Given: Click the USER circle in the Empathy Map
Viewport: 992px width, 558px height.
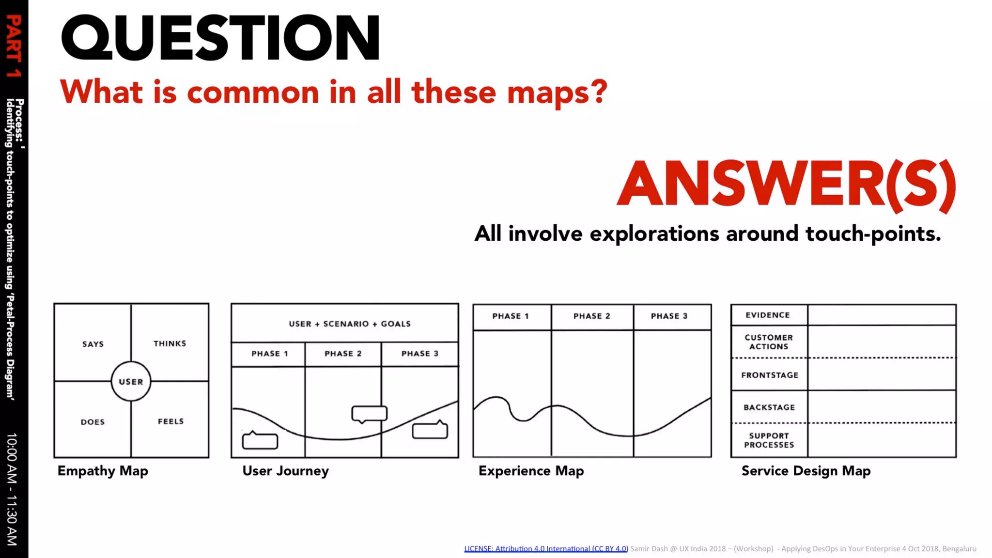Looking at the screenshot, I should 131,382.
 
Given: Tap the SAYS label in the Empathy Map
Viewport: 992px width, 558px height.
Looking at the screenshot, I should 93,344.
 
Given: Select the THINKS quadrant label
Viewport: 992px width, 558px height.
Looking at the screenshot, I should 170,343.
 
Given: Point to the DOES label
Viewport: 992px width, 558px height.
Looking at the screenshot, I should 93,422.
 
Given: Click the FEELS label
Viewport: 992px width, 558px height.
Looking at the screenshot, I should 170,421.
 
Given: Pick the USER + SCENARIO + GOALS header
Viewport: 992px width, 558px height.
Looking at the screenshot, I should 350,324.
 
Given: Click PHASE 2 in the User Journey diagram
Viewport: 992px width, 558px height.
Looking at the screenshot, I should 343,354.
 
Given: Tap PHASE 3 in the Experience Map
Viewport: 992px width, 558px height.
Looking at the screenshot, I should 669,316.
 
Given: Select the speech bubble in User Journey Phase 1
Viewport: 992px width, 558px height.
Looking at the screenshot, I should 260,440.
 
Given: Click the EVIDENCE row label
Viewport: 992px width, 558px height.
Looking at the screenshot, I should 768,315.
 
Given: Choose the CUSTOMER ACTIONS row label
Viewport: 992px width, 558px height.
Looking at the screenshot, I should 769,342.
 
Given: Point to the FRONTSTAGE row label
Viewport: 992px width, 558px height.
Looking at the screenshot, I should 770,375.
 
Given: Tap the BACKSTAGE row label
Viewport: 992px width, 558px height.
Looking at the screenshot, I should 769,407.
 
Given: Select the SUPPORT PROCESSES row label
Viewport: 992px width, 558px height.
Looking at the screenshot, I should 769,440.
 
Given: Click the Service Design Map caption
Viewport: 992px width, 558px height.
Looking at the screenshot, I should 806,471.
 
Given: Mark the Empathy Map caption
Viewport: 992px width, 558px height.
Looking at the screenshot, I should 103,471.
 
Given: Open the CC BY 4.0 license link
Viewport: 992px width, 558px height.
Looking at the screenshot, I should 546,549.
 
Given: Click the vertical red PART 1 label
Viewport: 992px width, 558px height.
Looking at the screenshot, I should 14,46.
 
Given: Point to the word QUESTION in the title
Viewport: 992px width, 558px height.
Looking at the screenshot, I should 220,38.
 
